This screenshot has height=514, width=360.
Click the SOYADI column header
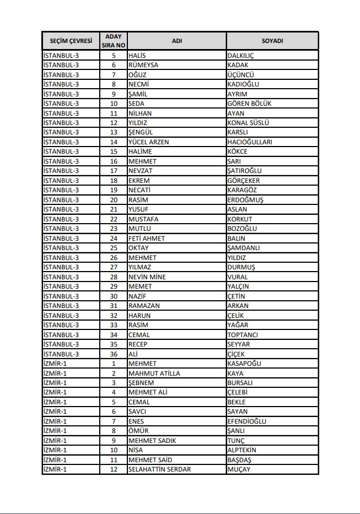[x=272, y=41]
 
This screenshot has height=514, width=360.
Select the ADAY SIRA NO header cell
[x=114, y=41]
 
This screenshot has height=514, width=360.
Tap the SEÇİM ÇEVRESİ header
[x=70, y=41]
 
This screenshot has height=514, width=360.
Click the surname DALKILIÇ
[x=240, y=56]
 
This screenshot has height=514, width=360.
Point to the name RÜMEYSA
[x=143, y=65]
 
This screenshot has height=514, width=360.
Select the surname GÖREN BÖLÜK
[x=249, y=104]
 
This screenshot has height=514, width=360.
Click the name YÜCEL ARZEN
[x=148, y=142]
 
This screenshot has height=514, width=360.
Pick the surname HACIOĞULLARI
[x=250, y=142]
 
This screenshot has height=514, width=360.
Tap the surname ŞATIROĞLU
[x=244, y=171]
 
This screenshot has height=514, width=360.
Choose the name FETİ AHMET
[x=146, y=239]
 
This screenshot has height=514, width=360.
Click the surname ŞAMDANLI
[x=243, y=248]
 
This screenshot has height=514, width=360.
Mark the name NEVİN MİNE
[x=147, y=277]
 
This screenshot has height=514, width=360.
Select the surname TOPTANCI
[x=243, y=335]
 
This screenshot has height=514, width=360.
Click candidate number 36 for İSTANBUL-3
[x=114, y=354]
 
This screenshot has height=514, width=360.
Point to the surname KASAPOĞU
[x=244, y=364]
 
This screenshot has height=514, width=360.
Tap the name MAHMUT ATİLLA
[x=154, y=374]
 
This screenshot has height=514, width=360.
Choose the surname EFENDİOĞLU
[x=246, y=421]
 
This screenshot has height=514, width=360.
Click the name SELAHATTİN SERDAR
[x=159, y=469]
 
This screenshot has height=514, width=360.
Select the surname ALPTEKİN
[x=241, y=450]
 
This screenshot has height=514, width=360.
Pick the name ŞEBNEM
[x=141, y=383]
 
